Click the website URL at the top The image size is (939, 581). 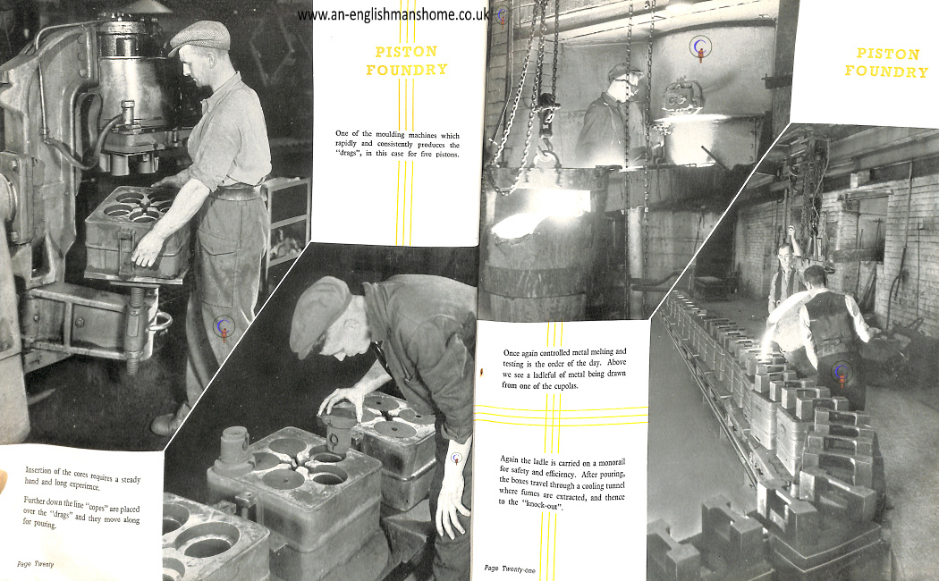point(393,15)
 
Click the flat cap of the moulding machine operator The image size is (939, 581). point(200,37)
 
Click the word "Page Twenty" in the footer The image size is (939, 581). point(36,564)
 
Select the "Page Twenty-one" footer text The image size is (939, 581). point(510,568)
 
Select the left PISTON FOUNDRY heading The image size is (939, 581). point(407,61)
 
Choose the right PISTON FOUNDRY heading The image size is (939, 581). point(887,63)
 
